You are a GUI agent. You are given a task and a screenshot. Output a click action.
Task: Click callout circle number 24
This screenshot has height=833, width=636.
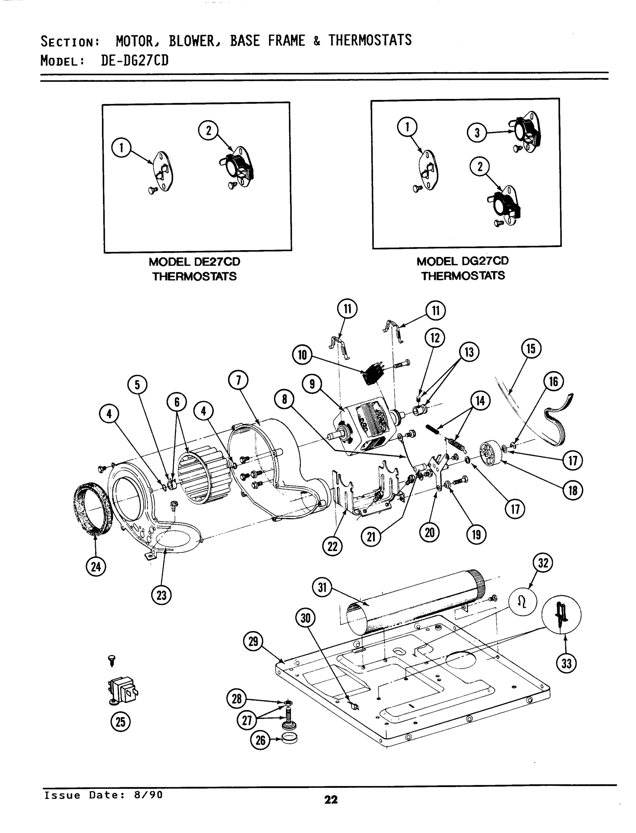[96, 566]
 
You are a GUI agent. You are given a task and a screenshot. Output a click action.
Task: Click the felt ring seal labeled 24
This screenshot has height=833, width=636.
[92, 508]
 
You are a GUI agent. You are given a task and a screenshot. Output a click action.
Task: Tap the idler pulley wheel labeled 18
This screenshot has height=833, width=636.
[490, 453]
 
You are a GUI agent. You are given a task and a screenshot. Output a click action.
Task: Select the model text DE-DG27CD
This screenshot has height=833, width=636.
[134, 60]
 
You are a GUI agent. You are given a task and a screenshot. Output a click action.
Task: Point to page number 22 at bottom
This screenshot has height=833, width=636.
[331, 799]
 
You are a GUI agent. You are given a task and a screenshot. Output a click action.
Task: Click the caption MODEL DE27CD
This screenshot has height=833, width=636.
[194, 262]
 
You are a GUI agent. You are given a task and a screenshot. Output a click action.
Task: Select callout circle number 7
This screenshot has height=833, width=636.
[238, 380]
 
